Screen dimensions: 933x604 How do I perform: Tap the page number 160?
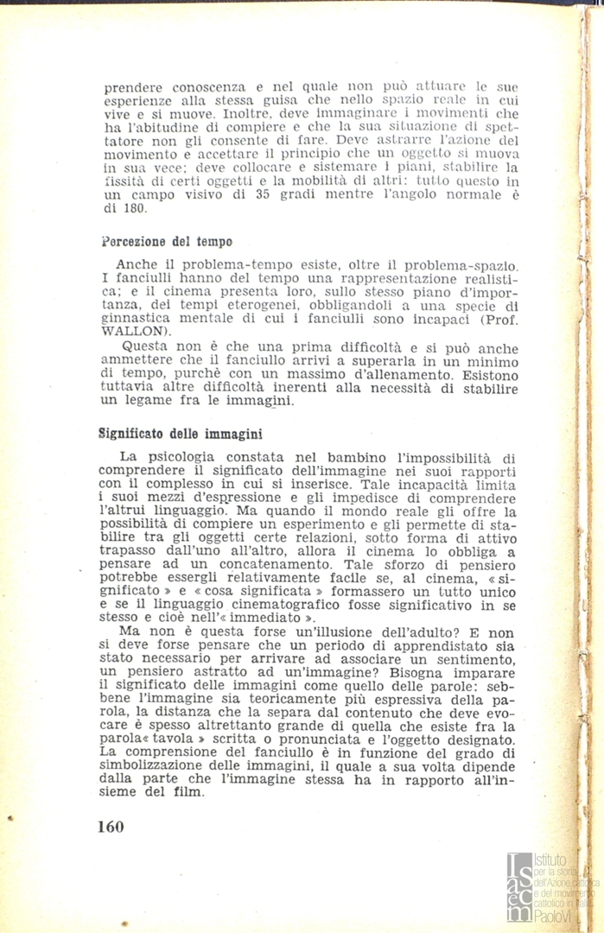(111, 826)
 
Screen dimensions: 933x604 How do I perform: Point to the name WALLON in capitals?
(126, 330)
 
